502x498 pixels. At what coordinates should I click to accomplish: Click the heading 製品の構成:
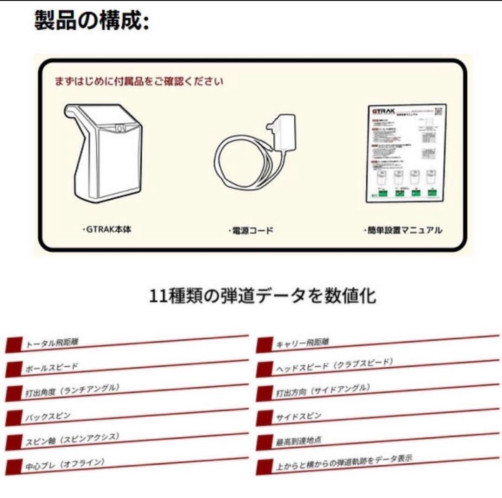pos(91,21)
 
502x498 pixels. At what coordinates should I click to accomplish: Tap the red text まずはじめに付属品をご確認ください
pos(139,81)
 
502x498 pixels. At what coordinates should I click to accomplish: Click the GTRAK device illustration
pos(104,154)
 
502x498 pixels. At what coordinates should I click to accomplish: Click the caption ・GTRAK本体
pos(106,229)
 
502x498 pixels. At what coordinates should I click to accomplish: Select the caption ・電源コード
pos(251,230)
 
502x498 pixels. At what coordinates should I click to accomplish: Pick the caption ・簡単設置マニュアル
pos(403,230)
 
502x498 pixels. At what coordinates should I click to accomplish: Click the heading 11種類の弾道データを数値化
pos(262,296)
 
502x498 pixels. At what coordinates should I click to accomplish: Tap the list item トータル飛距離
pos(52,343)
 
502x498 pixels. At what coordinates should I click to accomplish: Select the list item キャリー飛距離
pos(302,343)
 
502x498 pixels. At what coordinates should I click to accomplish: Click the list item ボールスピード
pos(51,367)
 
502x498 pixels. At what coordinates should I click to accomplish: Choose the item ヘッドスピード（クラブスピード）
pos(334,365)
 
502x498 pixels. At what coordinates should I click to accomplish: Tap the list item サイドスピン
pos(298,416)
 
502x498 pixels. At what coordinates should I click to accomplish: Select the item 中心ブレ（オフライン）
pos(65,464)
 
